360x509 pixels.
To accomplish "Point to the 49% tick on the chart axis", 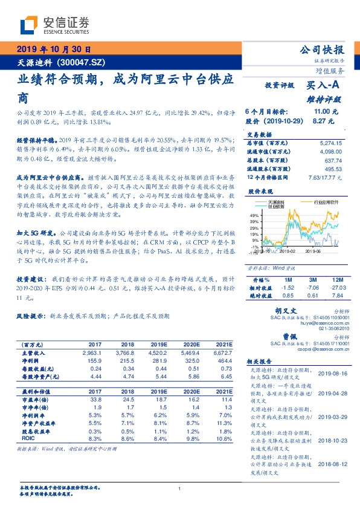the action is pos(254,215).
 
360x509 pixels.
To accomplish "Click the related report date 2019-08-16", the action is pos(329,374).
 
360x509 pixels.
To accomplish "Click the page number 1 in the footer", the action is pos(179,488).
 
